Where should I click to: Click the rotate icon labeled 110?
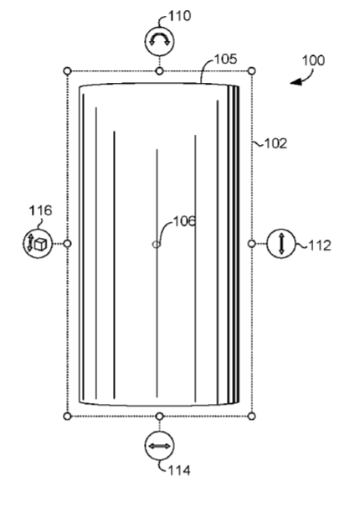pyautogui.click(x=159, y=41)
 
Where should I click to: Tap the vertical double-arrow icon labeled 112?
pyautogui.click(x=281, y=244)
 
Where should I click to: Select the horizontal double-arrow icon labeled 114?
pyautogui.click(x=159, y=446)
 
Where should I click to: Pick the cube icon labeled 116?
pyautogui.click(x=38, y=244)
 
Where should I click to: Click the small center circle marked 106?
pyautogui.click(x=156, y=245)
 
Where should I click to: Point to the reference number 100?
pyautogui.click(x=313, y=60)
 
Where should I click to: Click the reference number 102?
pyautogui.click(x=275, y=143)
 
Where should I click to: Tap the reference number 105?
pyautogui.click(x=226, y=59)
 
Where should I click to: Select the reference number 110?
pyautogui.click(x=180, y=16)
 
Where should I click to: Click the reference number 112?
pyautogui.click(x=320, y=246)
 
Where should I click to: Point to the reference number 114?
pyautogui.click(x=179, y=470)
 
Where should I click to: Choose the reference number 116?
pyautogui.click(x=40, y=210)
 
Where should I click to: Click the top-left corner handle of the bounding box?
pyautogui.click(x=67, y=71)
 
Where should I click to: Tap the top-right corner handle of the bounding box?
pyautogui.click(x=252, y=71)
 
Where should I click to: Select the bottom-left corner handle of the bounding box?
pyautogui.click(x=67, y=416)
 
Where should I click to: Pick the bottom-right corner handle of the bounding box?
pyautogui.click(x=252, y=416)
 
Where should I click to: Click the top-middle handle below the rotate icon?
pyautogui.click(x=159, y=71)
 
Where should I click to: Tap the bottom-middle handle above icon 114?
pyautogui.click(x=159, y=416)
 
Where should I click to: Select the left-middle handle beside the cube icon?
pyautogui.click(x=67, y=244)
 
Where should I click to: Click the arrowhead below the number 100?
pyautogui.click(x=296, y=82)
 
